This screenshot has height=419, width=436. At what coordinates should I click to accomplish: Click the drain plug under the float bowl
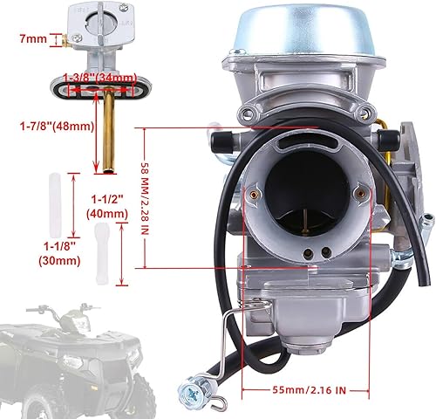tap(288, 336)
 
